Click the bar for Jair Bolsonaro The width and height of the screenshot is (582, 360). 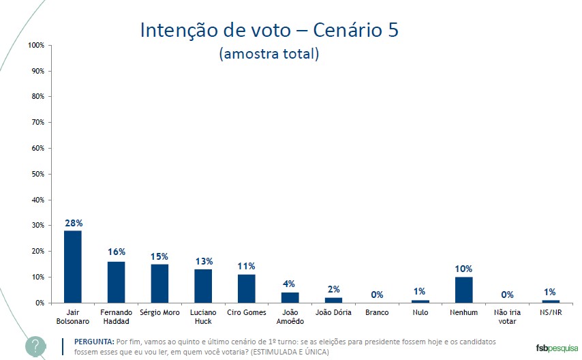tap(72, 267)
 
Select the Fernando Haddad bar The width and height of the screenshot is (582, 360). tap(116, 282)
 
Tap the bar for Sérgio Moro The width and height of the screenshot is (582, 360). tap(159, 284)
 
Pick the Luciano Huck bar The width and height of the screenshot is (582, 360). tap(203, 286)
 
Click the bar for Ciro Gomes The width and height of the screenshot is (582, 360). tap(246, 288)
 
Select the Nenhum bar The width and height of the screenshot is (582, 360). tap(463, 290)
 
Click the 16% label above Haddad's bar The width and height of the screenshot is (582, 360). tap(116, 252)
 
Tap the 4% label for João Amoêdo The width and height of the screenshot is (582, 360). tap(290, 284)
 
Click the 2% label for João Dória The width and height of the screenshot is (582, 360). tap(333, 289)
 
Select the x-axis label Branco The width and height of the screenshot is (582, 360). tap(377, 312)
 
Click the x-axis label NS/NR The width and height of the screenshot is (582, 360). tap(551, 312)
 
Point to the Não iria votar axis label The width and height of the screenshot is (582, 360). tap(507, 316)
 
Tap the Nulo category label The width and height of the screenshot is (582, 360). tap(420, 312)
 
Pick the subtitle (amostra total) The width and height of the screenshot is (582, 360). tap(269, 54)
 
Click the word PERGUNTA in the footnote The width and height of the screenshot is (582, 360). tap(93, 341)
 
